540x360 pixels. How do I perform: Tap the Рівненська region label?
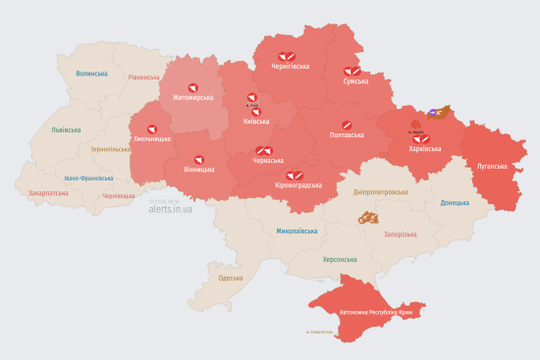pyautogui.click(x=143, y=77)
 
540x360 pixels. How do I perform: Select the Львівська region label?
pyautogui.click(x=67, y=129)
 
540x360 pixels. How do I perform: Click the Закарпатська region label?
pyautogui.click(x=48, y=193)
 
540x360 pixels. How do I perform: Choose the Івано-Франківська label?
pyautogui.click(x=88, y=179)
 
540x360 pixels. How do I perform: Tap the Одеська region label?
pyautogui.click(x=231, y=279)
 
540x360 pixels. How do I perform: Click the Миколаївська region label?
pyautogui.click(x=297, y=231)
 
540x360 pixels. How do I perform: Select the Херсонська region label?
pyautogui.click(x=340, y=260)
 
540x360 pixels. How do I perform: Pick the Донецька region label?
pyautogui.click(x=456, y=203)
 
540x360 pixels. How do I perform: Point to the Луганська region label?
pyautogui.click(x=491, y=167)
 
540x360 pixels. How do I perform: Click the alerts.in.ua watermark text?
pyautogui.click(x=171, y=209)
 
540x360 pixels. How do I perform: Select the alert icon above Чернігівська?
pyautogui.click(x=287, y=56)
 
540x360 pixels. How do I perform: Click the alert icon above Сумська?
pyautogui.click(x=351, y=71)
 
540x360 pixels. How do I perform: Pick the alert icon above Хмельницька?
pyautogui.click(x=152, y=129)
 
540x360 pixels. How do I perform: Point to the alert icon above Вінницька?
pyautogui.click(x=199, y=158)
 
